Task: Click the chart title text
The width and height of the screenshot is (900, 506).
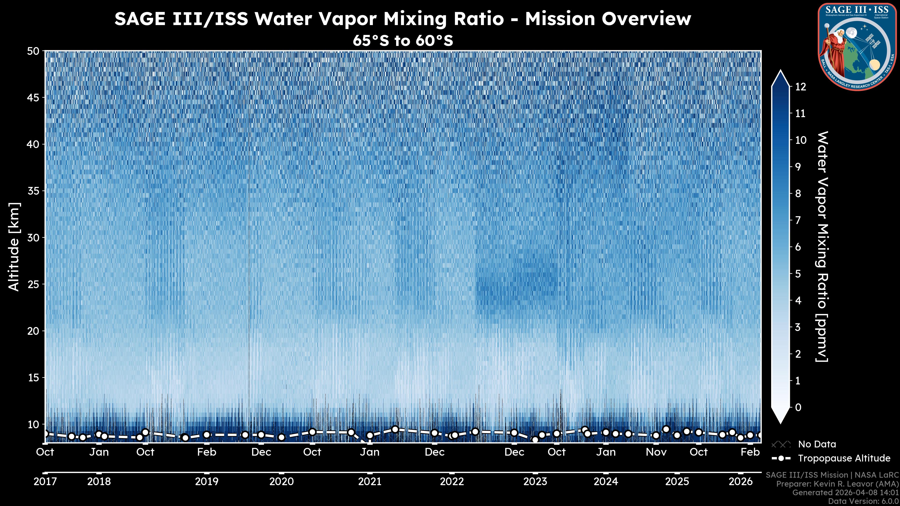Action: pos(402,19)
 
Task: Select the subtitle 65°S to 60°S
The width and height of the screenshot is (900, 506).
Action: pos(402,41)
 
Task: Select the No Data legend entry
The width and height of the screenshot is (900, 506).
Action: pos(817,444)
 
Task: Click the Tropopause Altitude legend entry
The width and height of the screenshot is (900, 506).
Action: pos(844,458)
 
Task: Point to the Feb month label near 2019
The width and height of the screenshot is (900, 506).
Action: pos(206,452)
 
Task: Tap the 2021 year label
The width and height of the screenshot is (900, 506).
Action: pos(370,482)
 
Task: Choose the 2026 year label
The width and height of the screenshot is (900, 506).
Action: pos(740,482)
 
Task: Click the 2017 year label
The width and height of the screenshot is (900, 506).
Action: pos(45,482)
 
